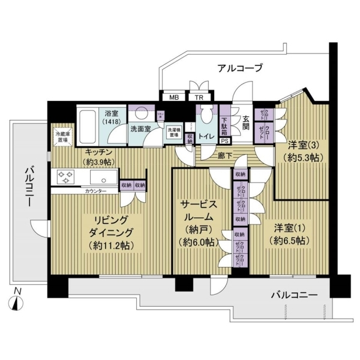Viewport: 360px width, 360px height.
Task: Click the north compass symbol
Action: (x=18, y=301)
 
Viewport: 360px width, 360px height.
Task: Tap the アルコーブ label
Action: (x=238, y=68)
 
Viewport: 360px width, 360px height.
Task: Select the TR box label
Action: (x=196, y=98)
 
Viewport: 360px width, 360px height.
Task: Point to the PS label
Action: (x=224, y=142)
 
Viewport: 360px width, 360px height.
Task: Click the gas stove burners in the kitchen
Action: (x=64, y=177)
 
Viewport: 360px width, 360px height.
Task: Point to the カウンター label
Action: (x=95, y=191)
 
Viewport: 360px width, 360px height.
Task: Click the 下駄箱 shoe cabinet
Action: (x=224, y=124)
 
